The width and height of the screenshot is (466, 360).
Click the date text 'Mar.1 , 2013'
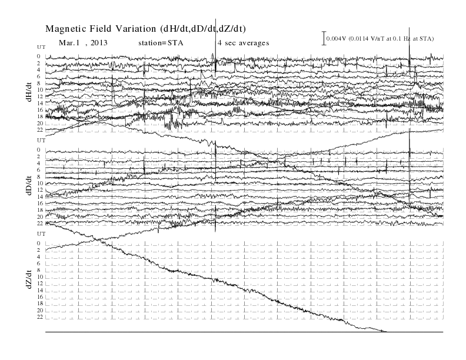tap(83, 43)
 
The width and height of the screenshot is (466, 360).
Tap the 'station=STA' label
tap(161, 43)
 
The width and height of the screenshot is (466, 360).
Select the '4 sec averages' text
tap(244, 43)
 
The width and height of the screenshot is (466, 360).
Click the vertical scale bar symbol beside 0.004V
tap(324, 38)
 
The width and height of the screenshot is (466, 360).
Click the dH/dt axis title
tap(29, 92)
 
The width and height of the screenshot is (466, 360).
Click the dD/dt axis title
tap(29, 185)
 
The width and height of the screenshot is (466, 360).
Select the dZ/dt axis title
tap(29, 279)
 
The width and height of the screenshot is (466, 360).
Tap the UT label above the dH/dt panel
tap(41, 47)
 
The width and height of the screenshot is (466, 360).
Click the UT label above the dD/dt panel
tap(41, 141)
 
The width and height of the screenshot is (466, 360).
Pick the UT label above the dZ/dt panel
tap(41, 234)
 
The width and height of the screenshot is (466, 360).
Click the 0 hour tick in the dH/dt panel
tap(39, 56)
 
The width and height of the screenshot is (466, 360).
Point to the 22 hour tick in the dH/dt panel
tap(40, 130)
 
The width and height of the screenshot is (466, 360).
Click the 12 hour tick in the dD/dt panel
tap(40, 190)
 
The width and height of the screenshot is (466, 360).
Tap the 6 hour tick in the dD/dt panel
tap(39, 170)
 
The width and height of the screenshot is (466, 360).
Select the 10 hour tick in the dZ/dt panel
tap(40, 277)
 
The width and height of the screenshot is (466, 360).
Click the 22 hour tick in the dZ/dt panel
tap(40, 317)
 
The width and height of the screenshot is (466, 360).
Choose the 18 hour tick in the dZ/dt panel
tap(40, 304)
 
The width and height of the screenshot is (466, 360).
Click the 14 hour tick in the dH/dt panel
tap(40, 103)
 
